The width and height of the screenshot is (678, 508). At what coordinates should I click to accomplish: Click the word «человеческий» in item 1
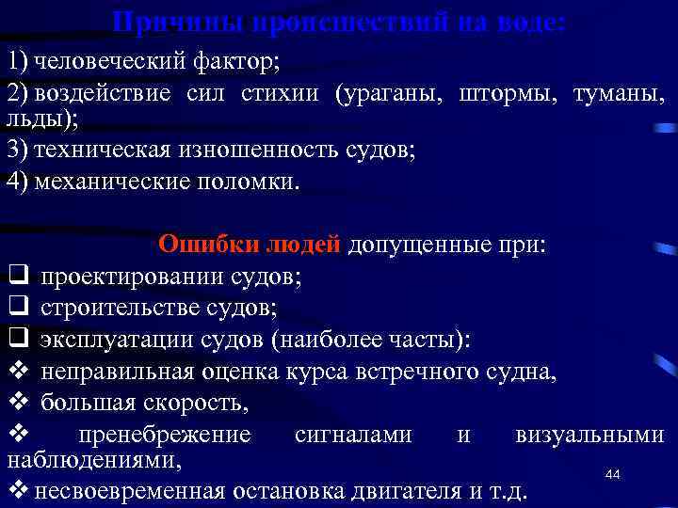(95, 63)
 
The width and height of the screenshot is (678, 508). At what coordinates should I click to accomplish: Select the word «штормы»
(506, 95)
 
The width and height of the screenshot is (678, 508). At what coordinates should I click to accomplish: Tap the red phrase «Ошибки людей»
(249, 246)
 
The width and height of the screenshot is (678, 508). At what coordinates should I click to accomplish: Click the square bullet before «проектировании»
(16, 277)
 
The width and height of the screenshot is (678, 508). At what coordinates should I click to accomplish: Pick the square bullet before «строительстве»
(16, 307)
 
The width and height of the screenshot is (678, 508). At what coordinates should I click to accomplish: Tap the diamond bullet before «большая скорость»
(16, 403)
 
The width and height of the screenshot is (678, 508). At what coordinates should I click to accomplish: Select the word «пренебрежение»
(165, 435)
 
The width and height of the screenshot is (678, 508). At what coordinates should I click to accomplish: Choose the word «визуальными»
(589, 435)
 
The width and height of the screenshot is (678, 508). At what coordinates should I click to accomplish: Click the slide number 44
(613, 475)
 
